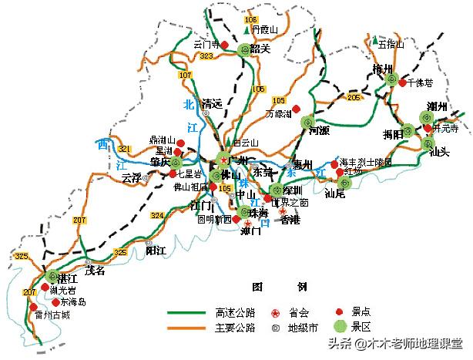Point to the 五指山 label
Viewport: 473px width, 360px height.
coord(391,44)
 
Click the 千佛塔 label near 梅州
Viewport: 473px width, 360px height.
coord(421,82)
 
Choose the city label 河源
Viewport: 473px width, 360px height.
coord(319,131)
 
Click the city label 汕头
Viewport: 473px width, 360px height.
coord(438,152)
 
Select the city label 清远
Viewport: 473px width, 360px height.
coord(211,103)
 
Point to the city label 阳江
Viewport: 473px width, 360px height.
coord(156,250)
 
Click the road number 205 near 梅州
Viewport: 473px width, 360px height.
coord(354,97)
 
